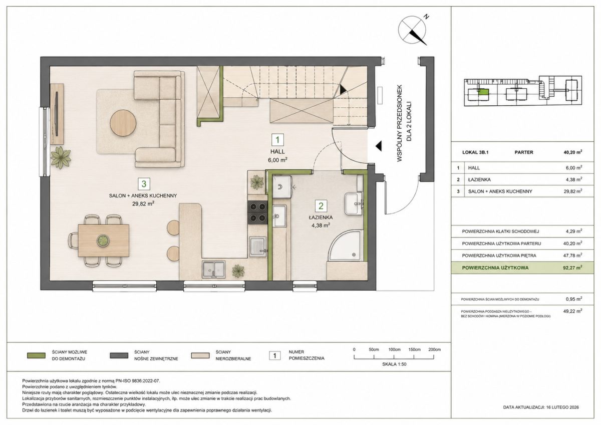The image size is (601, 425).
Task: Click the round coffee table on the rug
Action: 123,124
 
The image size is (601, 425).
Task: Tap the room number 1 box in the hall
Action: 277,140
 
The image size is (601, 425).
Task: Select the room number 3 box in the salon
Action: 144,184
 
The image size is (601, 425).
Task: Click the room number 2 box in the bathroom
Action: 321,206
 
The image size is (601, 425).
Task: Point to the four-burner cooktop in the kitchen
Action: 258,212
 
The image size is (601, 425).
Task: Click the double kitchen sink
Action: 214,270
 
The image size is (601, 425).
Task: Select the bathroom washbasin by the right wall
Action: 354,203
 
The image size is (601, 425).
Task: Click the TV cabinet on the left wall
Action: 57,114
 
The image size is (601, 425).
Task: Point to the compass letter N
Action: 426,17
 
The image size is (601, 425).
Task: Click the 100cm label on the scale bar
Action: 395,349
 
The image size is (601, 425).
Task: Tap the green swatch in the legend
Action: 36,355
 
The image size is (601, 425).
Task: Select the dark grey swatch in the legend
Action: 119,355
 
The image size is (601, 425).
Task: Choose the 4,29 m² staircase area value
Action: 574,231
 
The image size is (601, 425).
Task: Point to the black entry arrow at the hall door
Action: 378,146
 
